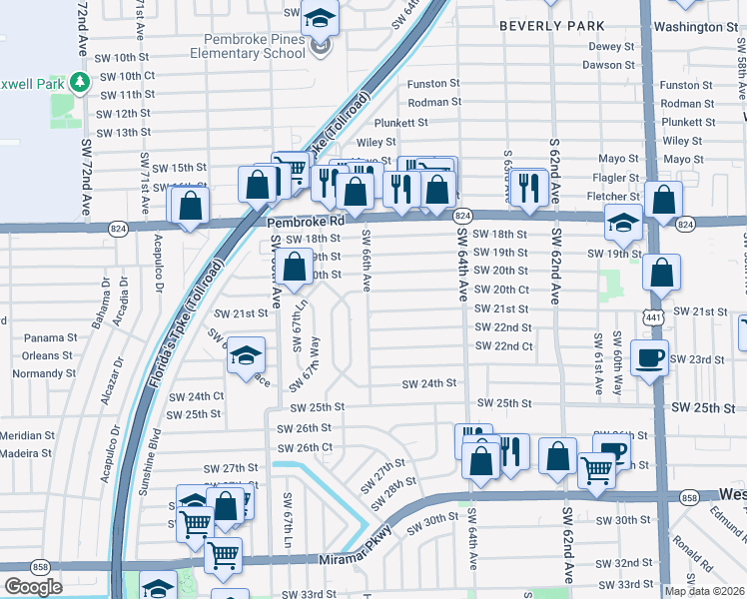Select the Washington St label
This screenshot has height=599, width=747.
697,26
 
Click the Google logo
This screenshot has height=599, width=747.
33,586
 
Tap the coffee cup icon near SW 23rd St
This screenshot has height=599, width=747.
649,357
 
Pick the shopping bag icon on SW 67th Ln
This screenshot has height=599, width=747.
295,269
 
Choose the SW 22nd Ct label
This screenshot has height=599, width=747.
504,345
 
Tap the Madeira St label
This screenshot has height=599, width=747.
28,453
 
